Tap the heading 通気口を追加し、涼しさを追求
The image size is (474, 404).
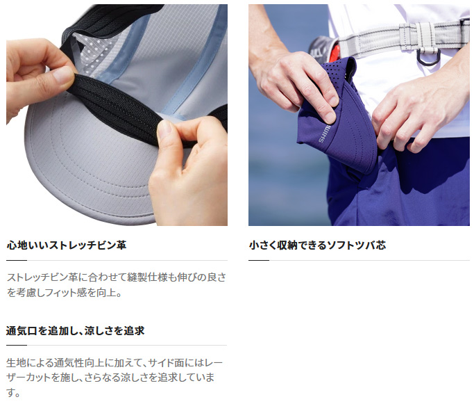coord(75,330)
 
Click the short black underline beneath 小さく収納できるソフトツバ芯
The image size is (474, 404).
coord(258,260)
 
